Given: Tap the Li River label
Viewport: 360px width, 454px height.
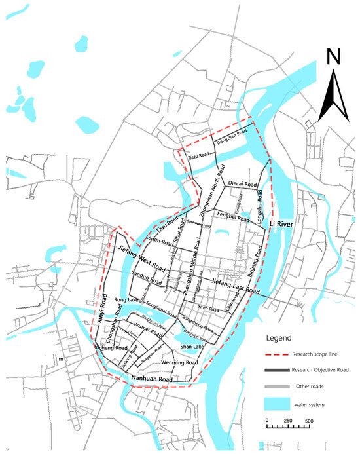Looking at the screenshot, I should coord(281,225).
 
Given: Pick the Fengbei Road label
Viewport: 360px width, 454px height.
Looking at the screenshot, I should coord(234,215).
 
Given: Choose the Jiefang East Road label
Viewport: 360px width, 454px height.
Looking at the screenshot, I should coord(236,286).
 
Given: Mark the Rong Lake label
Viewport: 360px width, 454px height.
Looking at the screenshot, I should coord(124,301).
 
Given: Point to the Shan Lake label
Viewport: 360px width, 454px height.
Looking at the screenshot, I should coord(193,346).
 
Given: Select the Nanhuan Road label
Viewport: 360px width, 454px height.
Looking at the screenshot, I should coord(152,379).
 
